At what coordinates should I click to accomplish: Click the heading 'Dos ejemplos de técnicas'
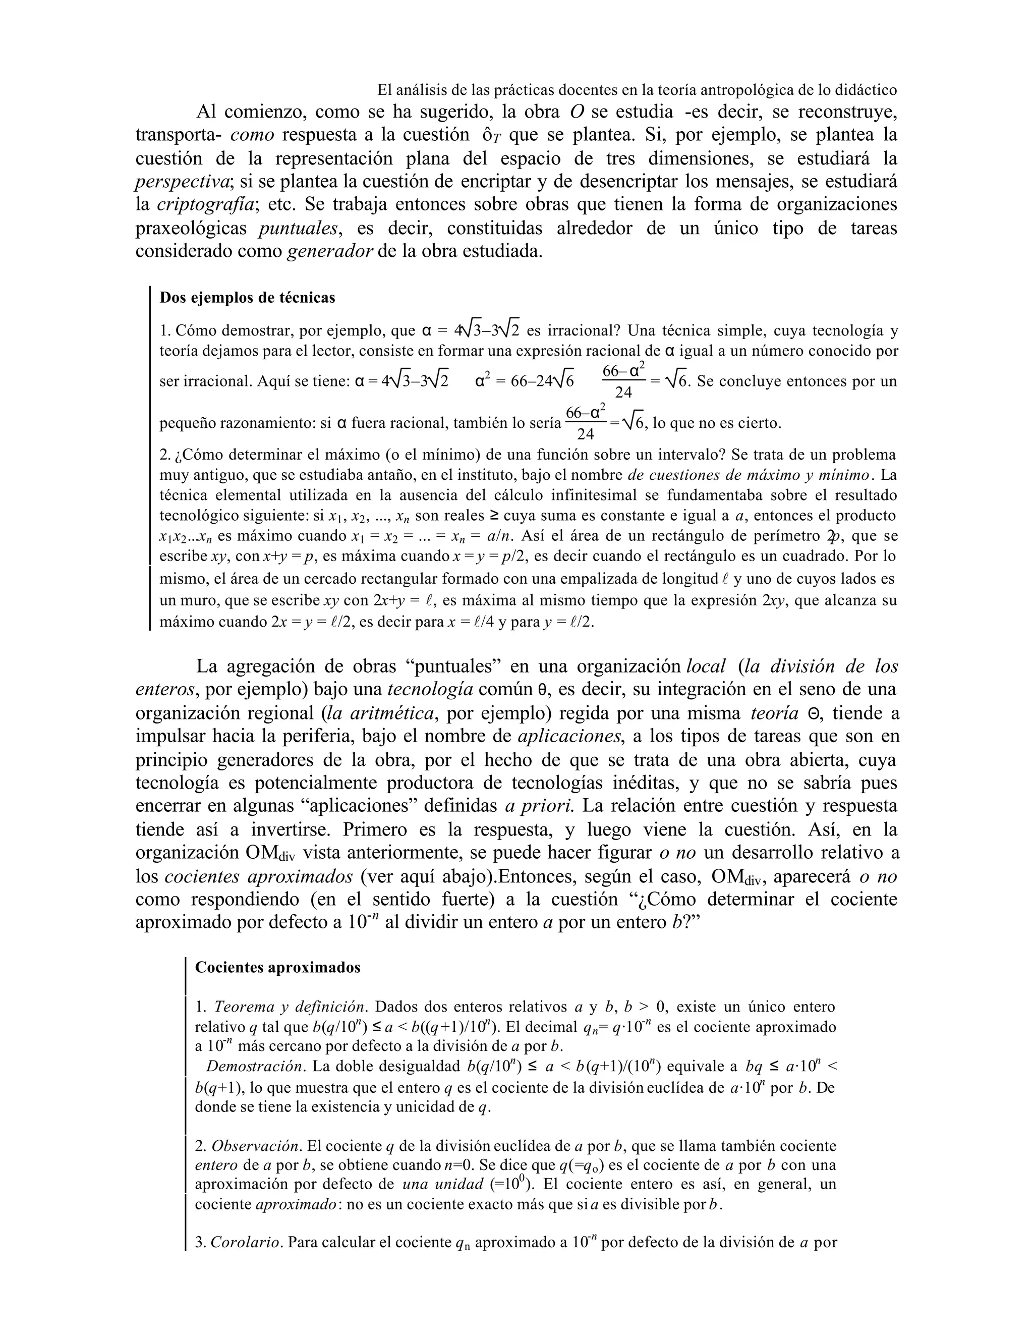(247, 298)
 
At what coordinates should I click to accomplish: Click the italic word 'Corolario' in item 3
(246, 1242)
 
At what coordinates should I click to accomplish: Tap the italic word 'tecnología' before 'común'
(430, 689)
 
